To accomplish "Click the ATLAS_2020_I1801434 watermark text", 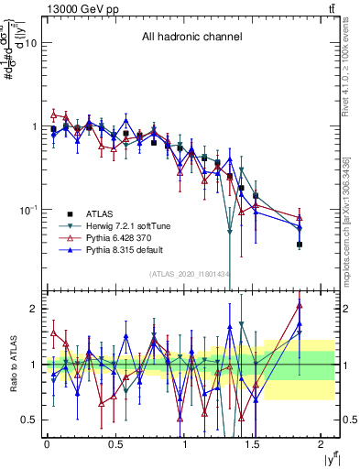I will tap(191, 275).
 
